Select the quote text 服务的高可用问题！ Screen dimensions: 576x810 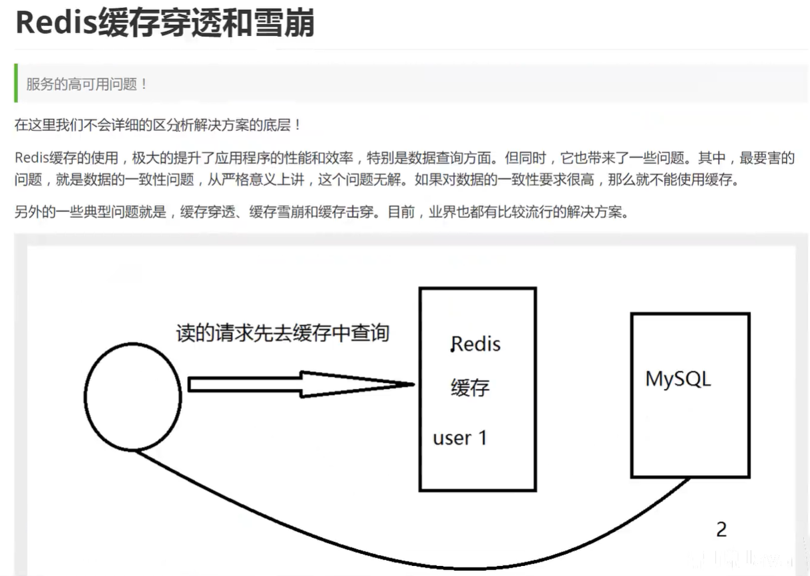pyautogui.click(x=87, y=84)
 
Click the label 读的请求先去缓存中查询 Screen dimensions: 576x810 pyautogui.click(x=282, y=333)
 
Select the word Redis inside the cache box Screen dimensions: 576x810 pyautogui.click(x=476, y=344)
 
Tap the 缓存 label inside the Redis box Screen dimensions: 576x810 pyautogui.click(x=470, y=388)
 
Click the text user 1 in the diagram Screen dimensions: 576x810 pyautogui.click(x=460, y=438)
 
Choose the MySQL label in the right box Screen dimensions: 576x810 pyautogui.click(x=678, y=379)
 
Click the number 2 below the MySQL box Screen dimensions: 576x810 pyautogui.click(x=721, y=529)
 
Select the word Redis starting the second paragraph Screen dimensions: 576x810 pyautogui.click(x=28, y=158)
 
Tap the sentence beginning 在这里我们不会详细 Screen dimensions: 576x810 pyautogui.click(x=158, y=124)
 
